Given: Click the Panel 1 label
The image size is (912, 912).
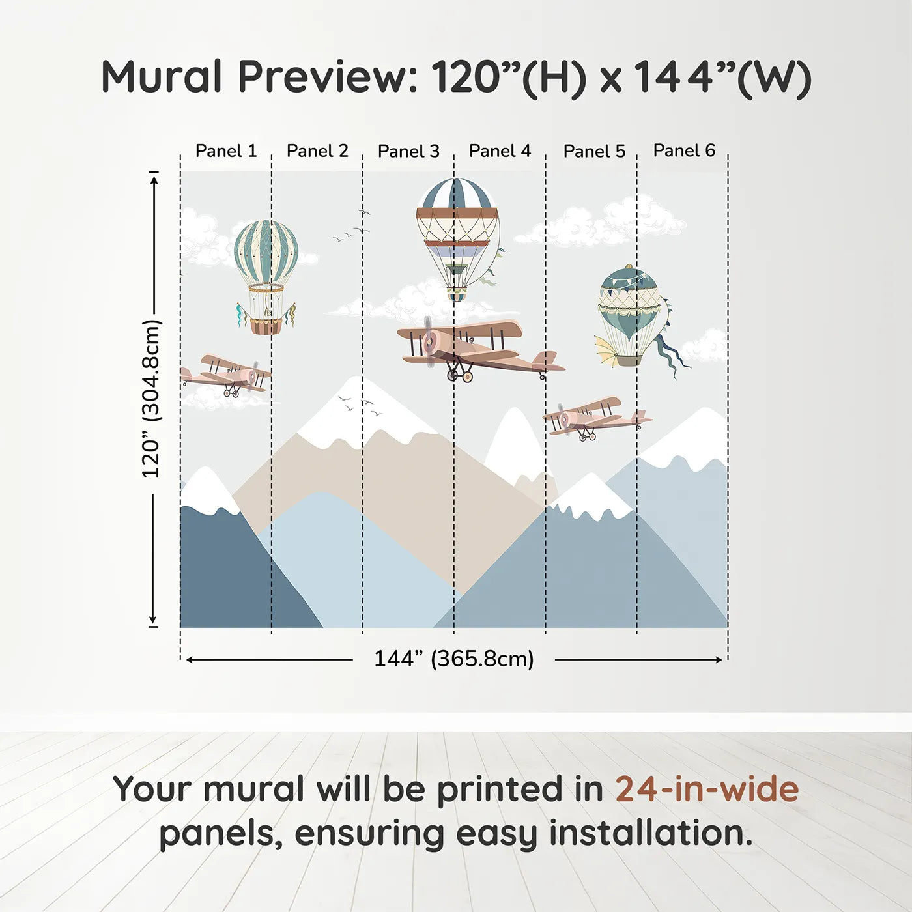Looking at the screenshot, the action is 226,151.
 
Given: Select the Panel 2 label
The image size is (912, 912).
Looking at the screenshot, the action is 317,151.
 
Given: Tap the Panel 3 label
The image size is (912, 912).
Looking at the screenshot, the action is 408,151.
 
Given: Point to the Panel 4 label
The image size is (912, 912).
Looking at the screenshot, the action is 500,151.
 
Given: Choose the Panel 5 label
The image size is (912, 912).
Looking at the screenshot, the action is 594,151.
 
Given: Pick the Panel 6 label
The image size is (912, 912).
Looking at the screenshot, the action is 684,150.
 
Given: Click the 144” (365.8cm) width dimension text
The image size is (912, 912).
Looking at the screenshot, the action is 454,659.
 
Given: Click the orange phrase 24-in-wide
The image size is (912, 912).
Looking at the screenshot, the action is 707,788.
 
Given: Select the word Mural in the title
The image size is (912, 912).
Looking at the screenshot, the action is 162,77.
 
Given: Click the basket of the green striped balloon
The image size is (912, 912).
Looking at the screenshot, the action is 266,326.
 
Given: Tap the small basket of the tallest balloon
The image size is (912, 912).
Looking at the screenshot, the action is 457,296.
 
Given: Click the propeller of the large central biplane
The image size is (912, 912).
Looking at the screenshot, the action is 429,341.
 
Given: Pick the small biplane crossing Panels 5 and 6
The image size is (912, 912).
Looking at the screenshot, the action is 597,418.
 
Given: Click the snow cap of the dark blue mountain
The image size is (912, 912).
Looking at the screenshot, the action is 207,491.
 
